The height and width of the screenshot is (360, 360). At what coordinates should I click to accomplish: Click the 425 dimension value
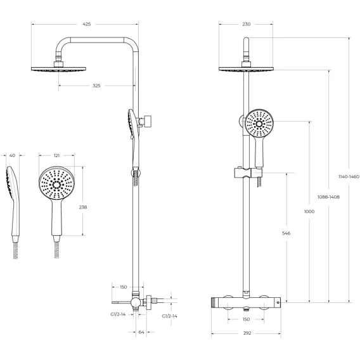click(87, 24)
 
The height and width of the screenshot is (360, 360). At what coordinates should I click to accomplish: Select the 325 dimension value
click(96, 86)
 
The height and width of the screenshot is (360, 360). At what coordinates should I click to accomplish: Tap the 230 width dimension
click(247, 24)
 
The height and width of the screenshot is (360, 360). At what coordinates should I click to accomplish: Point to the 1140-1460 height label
click(349, 177)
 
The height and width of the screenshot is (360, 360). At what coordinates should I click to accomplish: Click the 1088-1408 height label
click(328, 196)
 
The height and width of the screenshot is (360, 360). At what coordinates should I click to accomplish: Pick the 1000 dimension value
click(309, 212)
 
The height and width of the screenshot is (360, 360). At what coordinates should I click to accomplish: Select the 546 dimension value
click(286, 233)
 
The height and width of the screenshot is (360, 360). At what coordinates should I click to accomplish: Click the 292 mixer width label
click(247, 333)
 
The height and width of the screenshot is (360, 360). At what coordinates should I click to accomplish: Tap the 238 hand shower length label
click(83, 207)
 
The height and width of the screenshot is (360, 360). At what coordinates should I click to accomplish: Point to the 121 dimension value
click(56, 155)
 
